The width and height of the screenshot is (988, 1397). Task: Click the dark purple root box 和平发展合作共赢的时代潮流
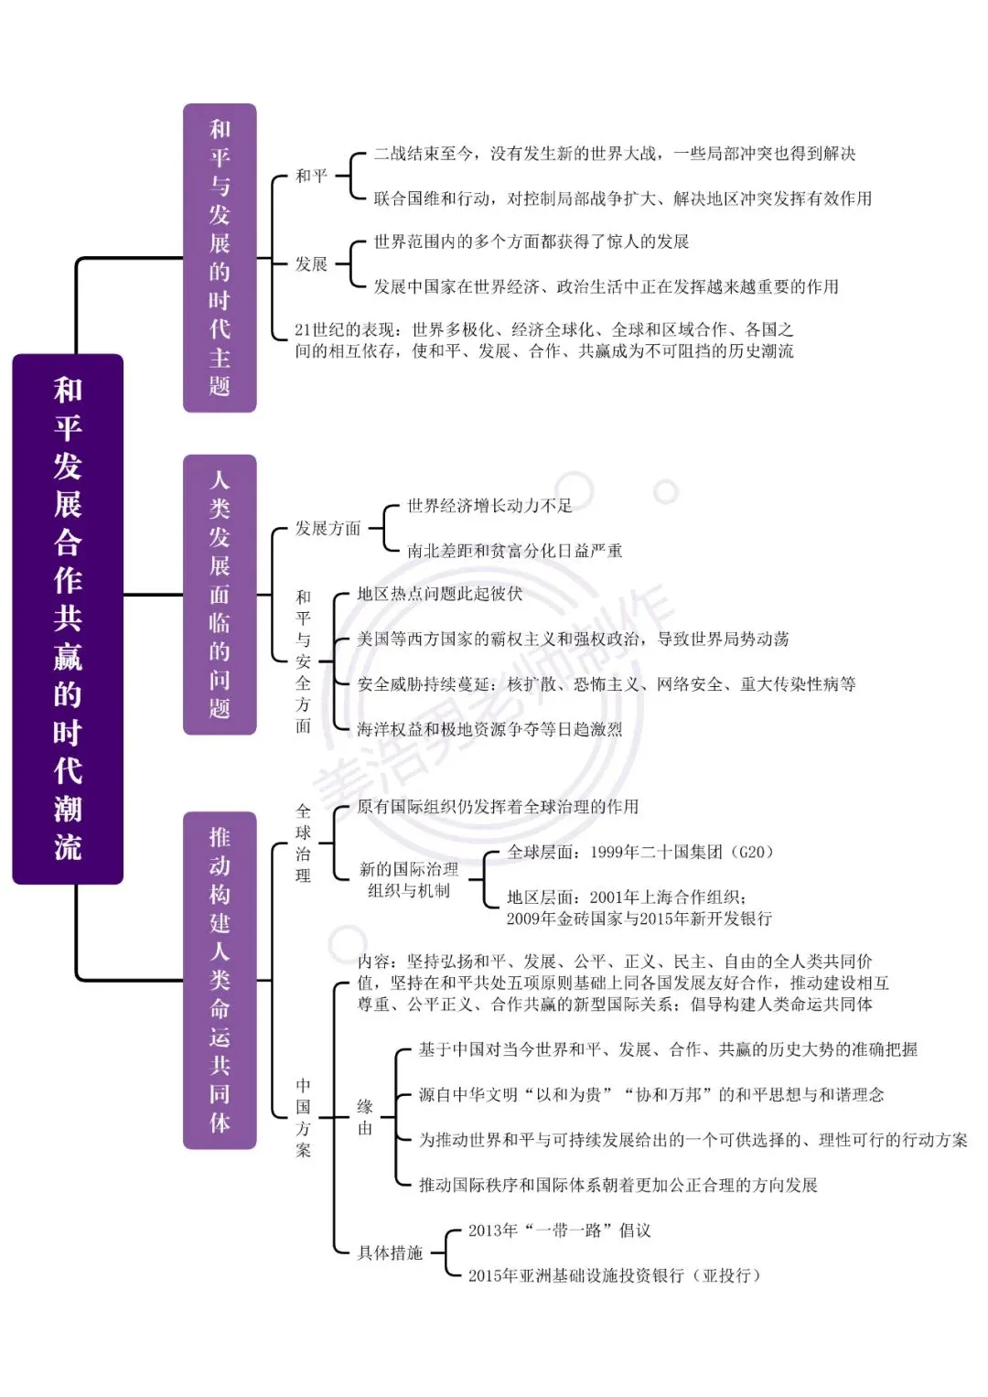click(x=68, y=618)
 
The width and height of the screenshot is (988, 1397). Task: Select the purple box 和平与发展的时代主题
click(x=220, y=258)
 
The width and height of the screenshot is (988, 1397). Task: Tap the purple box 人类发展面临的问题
click(x=220, y=595)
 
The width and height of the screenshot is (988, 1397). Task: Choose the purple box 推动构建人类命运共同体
click(x=220, y=980)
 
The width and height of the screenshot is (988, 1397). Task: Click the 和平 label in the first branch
click(x=311, y=176)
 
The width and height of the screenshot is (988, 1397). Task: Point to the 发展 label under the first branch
click(x=311, y=263)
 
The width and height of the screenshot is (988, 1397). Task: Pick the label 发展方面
click(x=328, y=528)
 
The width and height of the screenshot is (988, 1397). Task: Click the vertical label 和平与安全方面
click(x=303, y=661)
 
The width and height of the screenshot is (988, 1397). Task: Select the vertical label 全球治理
click(x=303, y=844)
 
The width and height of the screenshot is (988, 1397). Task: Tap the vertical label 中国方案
click(x=303, y=1118)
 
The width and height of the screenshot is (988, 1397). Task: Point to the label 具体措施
click(x=390, y=1252)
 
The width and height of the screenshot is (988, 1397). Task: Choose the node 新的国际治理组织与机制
click(x=409, y=879)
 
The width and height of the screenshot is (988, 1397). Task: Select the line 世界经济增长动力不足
click(x=489, y=505)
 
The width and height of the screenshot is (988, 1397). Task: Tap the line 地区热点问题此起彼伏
click(x=440, y=593)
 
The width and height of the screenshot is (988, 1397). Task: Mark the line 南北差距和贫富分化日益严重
click(x=514, y=550)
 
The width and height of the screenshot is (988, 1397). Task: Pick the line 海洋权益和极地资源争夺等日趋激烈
click(x=489, y=728)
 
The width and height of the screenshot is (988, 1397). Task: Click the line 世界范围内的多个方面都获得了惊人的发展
click(x=532, y=242)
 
